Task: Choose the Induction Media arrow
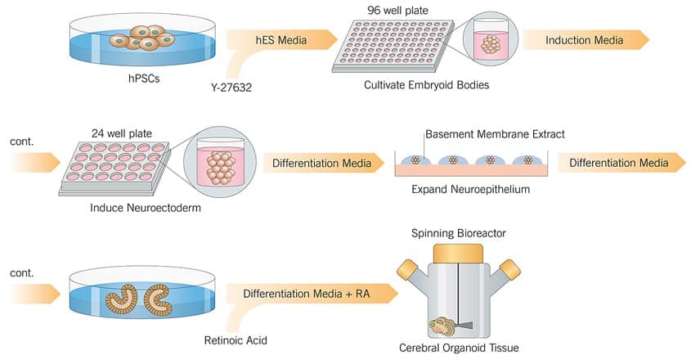click(584, 40)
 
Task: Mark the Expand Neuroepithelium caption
click(470, 190)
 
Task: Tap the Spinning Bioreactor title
click(458, 233)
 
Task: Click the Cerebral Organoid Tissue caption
click(459, 347)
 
